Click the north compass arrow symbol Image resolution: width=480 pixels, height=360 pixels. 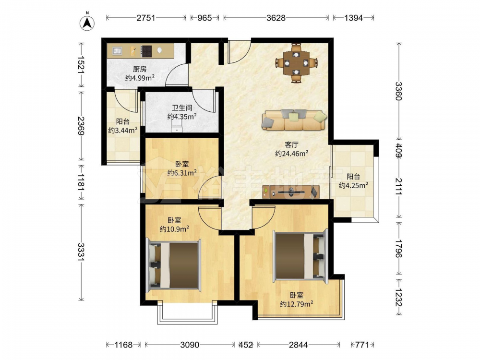87,23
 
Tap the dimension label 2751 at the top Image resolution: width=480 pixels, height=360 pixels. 146,18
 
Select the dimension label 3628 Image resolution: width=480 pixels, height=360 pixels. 276,18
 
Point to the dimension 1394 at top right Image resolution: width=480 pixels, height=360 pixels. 353,18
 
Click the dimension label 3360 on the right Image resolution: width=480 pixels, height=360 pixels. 398,91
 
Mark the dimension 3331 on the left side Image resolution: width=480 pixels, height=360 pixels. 81,252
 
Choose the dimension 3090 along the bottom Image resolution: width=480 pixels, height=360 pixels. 190,345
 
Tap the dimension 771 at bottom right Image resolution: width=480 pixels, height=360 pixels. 362,345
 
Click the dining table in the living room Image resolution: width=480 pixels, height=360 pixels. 296,63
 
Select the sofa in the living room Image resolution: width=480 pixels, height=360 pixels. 294,120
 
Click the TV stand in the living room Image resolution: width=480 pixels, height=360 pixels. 291,192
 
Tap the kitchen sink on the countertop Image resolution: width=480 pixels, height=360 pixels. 117,50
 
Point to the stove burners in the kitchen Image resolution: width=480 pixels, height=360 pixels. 146,51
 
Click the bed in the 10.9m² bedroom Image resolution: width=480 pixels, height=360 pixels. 174,264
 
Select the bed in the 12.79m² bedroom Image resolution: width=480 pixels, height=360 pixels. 300,256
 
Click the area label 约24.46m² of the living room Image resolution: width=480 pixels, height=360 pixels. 291,154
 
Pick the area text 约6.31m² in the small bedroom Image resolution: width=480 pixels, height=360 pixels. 182,173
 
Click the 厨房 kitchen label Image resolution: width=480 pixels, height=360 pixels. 140,69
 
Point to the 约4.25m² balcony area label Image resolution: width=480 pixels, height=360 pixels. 353,185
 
